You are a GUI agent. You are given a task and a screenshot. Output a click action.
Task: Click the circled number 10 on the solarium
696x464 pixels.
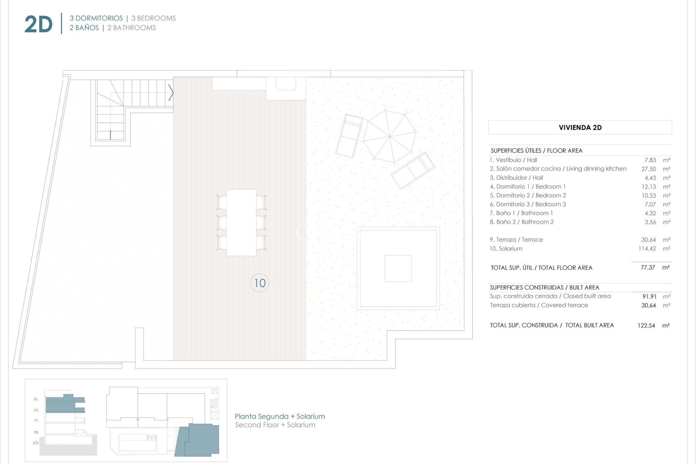tap(260, 283)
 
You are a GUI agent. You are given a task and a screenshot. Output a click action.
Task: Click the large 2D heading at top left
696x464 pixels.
tap(38, 25)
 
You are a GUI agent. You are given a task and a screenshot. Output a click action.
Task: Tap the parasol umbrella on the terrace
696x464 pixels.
tap(390, 136)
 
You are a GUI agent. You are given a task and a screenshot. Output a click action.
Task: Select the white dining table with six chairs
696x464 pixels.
tap(241, 222)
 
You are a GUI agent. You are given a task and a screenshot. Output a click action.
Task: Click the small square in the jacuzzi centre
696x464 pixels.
tap(398, 268)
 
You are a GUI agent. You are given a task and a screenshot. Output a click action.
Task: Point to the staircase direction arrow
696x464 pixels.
tap(171, 93)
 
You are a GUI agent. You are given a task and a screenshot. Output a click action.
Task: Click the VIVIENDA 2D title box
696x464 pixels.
tap(580, 128)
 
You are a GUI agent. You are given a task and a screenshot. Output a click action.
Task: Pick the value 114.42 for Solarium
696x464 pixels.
tap(647, 249)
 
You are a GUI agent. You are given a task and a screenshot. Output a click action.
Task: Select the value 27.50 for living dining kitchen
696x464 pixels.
tap(649, 169)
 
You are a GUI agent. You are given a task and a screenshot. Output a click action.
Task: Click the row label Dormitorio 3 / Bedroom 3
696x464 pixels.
tap(528, 204)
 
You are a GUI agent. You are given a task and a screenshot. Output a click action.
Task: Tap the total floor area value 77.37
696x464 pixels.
tap(647, 268)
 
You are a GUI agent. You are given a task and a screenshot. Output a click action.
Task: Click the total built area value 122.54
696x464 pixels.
tap(646, 326)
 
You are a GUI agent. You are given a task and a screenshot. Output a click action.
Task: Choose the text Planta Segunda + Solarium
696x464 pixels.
tap(279, 417)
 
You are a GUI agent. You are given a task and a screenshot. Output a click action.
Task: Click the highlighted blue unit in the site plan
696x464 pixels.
tap(199, 440)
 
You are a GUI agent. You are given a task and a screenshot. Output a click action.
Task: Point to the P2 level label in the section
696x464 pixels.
tap(36, 410)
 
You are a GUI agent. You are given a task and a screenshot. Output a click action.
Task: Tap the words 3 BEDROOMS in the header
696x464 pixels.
tap(153, 18)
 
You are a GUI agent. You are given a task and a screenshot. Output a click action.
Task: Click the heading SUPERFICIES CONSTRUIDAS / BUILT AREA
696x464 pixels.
tap(544, 287)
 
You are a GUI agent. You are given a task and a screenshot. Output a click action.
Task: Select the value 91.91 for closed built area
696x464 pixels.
tap(649, 297)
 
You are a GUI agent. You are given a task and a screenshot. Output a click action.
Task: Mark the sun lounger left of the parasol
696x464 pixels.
tap(349, 136)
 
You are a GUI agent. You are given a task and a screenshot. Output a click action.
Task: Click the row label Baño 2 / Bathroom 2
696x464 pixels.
tap(522, 222)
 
